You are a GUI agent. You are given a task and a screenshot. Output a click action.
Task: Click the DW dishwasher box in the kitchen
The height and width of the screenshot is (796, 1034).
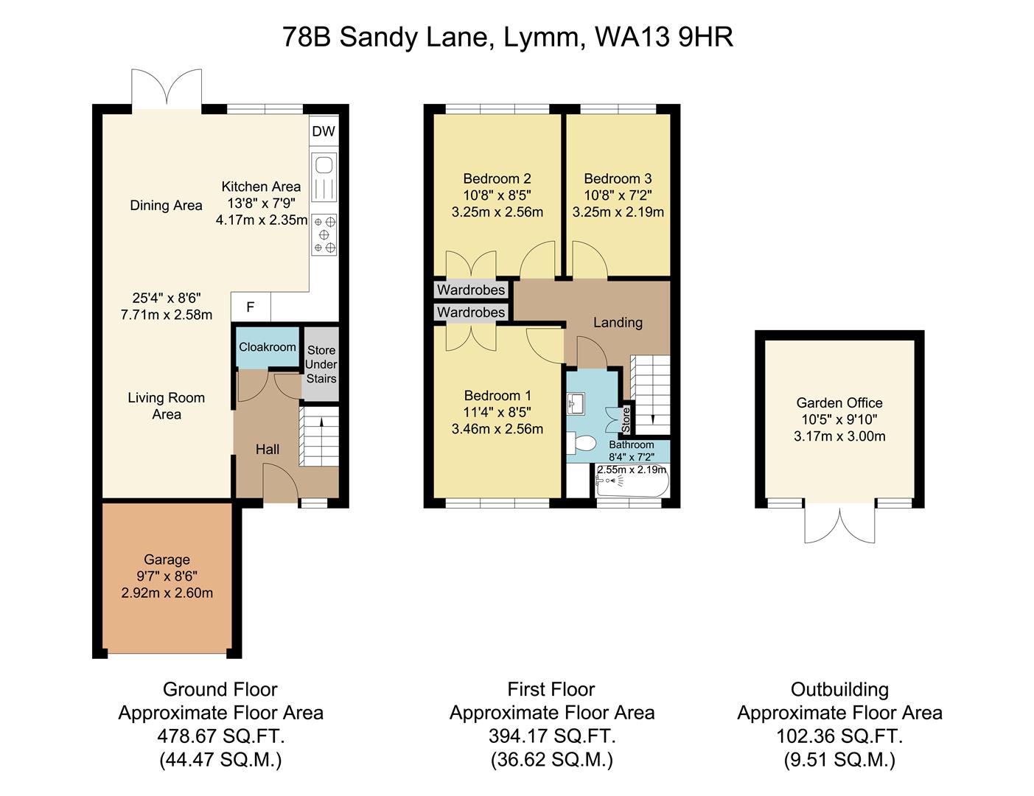point(323,132)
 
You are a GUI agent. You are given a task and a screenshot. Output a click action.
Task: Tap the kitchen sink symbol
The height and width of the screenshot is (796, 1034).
point(324,177)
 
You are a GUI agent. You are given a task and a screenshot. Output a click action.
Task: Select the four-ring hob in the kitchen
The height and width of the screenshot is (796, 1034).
point(324,234)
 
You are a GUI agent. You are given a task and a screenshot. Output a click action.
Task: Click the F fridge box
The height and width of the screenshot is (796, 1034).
point(251,307)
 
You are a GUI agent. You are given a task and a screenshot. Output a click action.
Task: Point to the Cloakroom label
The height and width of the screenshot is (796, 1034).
point(267,347)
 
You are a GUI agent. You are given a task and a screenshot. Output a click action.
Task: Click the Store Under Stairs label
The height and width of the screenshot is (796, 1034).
point(321,365)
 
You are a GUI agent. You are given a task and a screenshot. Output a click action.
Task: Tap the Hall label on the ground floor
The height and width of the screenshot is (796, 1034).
point(267,450)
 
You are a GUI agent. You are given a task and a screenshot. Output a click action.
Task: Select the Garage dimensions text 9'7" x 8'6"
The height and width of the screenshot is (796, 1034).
point(167,576)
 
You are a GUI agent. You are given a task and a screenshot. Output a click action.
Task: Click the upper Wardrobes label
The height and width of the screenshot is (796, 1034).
point(471,290)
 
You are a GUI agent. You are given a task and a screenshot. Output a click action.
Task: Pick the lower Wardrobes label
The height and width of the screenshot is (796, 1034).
point(471,313)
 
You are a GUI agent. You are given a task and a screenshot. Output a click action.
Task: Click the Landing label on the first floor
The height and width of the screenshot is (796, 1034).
point(618,323)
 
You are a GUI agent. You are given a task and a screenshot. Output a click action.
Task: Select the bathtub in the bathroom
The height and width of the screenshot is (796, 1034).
point(632,483)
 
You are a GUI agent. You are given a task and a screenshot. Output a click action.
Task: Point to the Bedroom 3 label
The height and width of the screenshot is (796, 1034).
point(618,178)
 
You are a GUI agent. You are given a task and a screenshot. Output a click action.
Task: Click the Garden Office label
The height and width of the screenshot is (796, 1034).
point(839,403)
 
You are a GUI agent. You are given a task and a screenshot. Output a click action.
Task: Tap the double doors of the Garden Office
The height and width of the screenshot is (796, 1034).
point(839,524)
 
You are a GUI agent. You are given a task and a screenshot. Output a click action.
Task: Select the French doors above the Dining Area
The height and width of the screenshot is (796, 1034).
point(167,88)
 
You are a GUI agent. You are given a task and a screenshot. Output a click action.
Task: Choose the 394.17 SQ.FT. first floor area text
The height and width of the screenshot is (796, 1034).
point(551,736)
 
